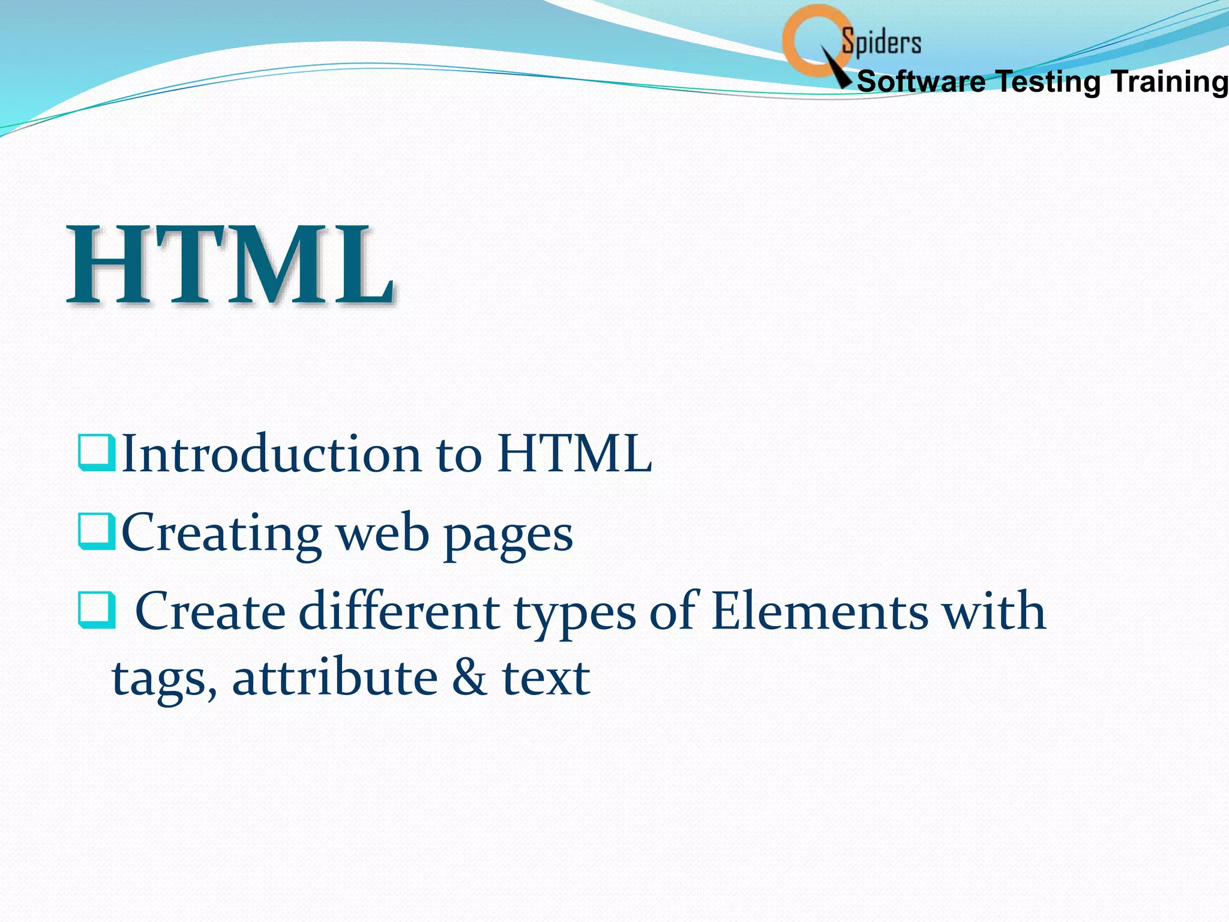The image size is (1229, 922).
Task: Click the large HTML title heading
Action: (230, 265)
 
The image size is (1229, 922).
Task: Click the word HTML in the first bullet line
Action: (574, 454)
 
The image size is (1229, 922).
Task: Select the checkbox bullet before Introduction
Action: (96, 454)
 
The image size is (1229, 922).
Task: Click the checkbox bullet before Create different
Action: (96, 610)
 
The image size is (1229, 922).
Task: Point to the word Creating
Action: (221, 534)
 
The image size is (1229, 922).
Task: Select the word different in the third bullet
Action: (398, 612)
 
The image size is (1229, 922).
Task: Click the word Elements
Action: (820, 612)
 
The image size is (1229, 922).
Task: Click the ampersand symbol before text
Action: (469, 678)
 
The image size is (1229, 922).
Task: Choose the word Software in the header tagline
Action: (921, 82)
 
